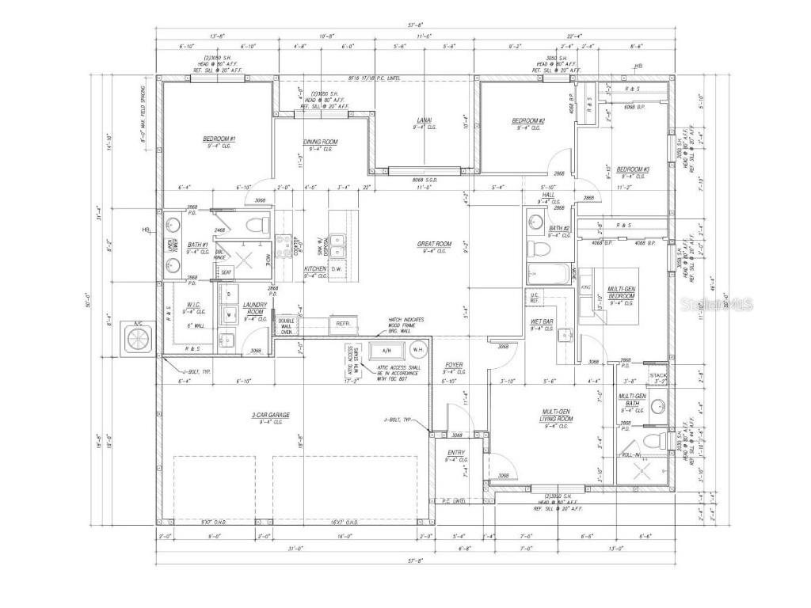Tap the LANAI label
tap(425, 121)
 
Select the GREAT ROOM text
tap(434, 245)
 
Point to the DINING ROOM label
tap(321, 142)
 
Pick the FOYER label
tap(453, 365)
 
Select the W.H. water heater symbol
tap(419, 349)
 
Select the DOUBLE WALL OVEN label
tap(285, 326)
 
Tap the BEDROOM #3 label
tap(633, 169)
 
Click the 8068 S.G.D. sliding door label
tap(424, 179)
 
